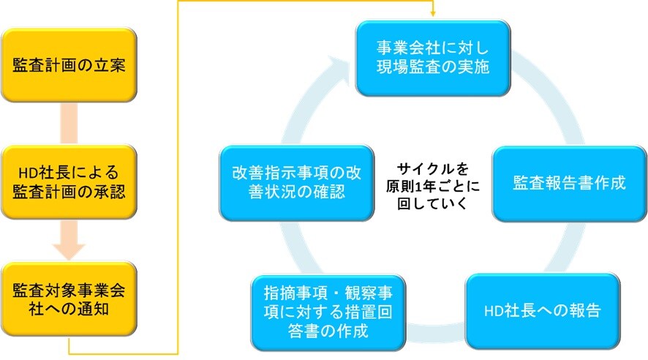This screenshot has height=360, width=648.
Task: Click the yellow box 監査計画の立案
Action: pyautogui.click(x=69, y=65)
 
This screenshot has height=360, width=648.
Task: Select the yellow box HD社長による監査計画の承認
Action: pyautogui.click(x=69, y=184)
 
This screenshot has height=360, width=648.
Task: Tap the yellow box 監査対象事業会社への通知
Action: pyautogui.click(x=69, y=299)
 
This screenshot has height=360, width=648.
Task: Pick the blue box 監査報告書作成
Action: pyautogui.click(x=569, y=183)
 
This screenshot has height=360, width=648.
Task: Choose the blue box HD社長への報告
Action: pyautogui.click(x=542, y=310)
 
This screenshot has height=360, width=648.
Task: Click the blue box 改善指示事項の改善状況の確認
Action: pyautogui.click(x=296, y=183)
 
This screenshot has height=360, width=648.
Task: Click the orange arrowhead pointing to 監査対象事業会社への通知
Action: pyautogui.click(x=70, y=249)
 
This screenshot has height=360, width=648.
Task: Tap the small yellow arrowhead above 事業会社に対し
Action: pyautogui.click(x=433, y=12)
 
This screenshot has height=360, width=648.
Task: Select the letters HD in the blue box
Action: pyautogui.click(x=494, y=311)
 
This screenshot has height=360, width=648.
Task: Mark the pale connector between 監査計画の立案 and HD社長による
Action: pyautogui.click(x=69, y=124)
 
